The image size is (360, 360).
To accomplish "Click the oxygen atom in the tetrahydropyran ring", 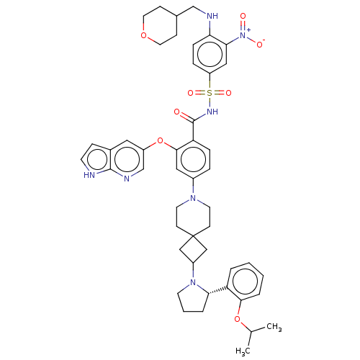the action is [x=143, y=35].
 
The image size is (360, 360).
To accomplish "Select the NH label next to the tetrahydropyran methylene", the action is [x=212, y=16].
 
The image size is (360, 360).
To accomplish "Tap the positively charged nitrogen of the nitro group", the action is [x=243, y=35].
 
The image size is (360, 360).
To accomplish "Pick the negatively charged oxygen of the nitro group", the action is [x=259, y=45].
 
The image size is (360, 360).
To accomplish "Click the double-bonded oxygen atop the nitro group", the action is [x=243, y=16].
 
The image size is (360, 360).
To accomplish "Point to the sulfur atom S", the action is [x=210, y=93].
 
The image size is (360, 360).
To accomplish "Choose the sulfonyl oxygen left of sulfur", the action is [x=191, y=93].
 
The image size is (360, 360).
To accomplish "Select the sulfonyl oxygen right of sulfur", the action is [x=228, y=93].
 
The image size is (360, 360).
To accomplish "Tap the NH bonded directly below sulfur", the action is [x=212, y=112].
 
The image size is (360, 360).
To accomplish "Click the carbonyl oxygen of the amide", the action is [x=177, y=112].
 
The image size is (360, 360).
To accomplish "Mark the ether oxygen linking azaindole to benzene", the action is [x=160, y=140].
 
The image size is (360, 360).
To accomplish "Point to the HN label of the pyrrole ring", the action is [x=89, y=175].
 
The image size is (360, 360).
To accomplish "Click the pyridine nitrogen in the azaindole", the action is [x=127, y=179].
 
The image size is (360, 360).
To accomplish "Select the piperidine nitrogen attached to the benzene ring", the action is [x=193, y=198].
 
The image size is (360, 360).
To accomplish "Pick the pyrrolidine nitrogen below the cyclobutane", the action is [x=193, y=282].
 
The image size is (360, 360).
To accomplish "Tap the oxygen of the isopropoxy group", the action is [x=237, y=319].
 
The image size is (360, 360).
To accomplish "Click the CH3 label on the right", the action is [x=274, y=327].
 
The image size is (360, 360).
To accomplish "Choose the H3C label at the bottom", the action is [x=243, y=351].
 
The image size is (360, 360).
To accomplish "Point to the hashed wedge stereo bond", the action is [x=218, y=290].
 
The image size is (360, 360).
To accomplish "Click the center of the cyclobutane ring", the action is [x=193, y=250].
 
